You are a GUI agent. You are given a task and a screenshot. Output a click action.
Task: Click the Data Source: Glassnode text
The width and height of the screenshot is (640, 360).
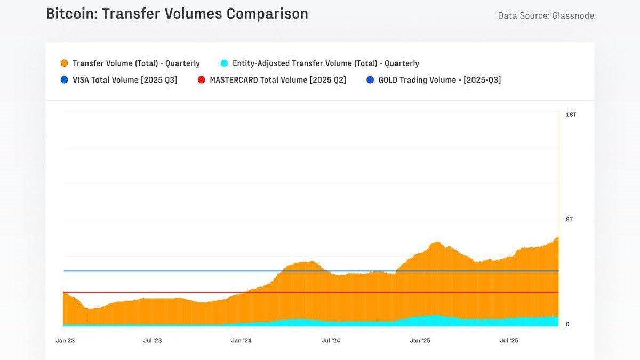point(546,15)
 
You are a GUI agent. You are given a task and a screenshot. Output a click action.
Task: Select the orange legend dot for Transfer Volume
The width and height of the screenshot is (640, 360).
point(65,63)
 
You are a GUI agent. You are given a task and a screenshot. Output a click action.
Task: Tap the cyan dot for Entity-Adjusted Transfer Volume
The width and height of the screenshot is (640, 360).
point(224,63)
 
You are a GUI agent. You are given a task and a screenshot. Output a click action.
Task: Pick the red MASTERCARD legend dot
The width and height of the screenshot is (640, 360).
point(201,80)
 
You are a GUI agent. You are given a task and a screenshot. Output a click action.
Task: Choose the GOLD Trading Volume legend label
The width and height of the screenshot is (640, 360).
point(439,80)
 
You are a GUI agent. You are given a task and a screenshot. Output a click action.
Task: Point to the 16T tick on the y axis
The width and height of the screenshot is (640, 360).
point(571,115)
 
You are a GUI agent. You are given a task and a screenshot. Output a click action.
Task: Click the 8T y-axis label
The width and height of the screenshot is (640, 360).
point(569,219)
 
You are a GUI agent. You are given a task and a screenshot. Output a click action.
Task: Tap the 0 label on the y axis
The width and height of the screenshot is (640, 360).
point(567,324)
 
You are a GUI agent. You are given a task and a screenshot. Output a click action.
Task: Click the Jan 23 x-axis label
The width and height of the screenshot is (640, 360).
point(65,340)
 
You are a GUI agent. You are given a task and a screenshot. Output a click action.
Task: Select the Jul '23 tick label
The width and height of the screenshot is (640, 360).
point(153,340)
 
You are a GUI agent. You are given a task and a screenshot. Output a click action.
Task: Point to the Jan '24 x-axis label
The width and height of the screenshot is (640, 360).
point(242,340)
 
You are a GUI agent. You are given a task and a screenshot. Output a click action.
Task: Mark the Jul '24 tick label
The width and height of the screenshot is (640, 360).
point(331,340)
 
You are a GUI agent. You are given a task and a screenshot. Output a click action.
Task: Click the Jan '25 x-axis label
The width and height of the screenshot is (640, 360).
point(420,340)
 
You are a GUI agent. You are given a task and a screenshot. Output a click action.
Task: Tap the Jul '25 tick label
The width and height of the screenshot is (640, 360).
point(509,340)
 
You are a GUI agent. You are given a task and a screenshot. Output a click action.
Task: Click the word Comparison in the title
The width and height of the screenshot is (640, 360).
point(267,14)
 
